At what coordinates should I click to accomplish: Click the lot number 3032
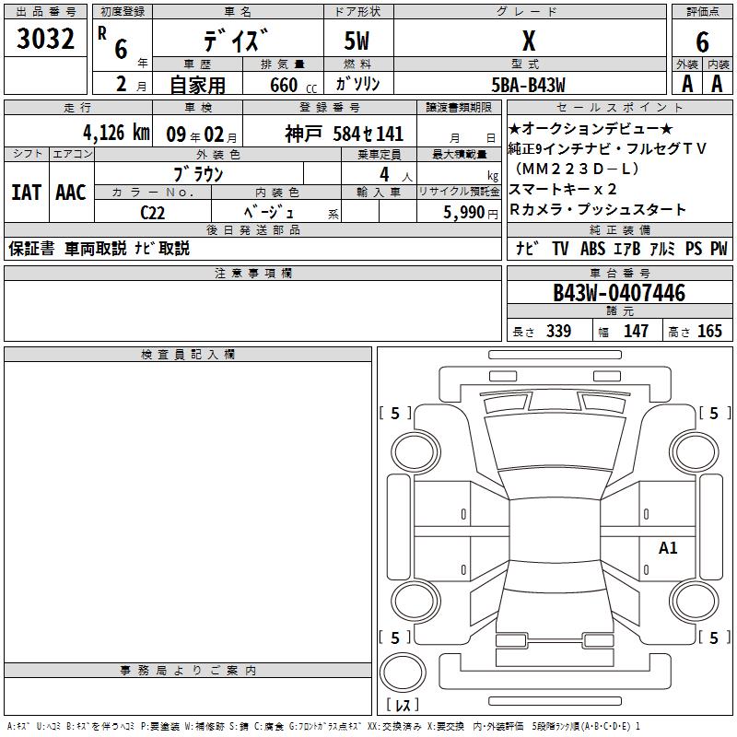(x=45, y=39)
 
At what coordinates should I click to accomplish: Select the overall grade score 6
(x=702, y=42)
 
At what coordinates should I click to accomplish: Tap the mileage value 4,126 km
(x=117, y=133)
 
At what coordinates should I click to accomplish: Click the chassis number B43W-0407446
(x=619, y=293)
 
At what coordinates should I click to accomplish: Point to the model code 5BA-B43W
(x=528, y=85)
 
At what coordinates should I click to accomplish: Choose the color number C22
(x=153, y=213)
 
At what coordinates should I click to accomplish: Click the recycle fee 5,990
(x=464, y=213)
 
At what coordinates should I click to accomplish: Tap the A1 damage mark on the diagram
(x=667, y=547)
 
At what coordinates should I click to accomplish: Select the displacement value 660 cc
(x=293, y=86)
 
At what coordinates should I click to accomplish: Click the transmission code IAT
(x=27, y=193)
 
